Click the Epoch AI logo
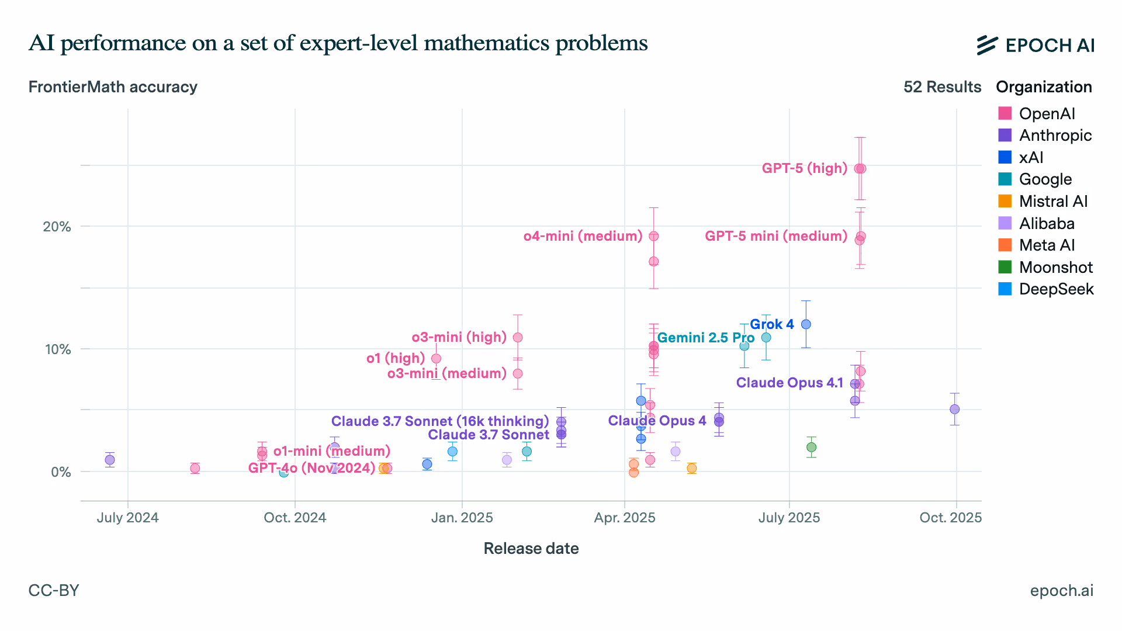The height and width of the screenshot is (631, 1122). point(1035,45)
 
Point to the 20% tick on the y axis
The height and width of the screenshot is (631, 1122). point(57,227)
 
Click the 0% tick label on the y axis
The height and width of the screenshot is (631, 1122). point(61,472)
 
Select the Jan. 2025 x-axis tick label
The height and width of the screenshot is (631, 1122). point(462,518)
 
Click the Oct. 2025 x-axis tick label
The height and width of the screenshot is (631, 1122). point(950,518)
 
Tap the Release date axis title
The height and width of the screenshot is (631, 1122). point(531,549)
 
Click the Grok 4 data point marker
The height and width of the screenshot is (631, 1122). point(806,324)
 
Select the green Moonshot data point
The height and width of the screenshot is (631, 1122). point(811,448)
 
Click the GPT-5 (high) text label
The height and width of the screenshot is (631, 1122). point(804,168)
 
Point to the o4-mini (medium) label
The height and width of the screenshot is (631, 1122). point(583,236)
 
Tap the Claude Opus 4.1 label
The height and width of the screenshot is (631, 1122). point(789,383)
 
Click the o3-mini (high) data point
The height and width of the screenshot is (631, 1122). point(518,338)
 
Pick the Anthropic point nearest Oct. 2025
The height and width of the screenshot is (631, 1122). point(954,410)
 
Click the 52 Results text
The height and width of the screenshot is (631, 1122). point(942,87)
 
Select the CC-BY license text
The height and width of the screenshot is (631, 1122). point(54,591)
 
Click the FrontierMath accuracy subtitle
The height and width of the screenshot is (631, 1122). point(113,87)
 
